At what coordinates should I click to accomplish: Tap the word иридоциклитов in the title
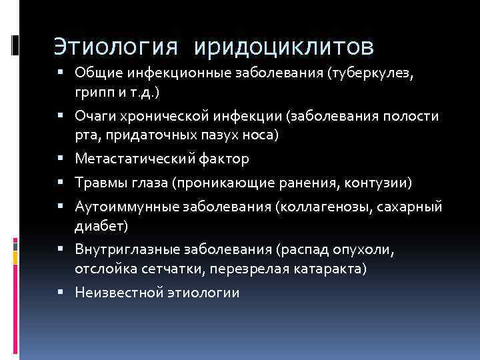point(285,48)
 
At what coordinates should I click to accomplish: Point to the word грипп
point(93,90)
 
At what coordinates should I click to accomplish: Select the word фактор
point(225,159)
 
